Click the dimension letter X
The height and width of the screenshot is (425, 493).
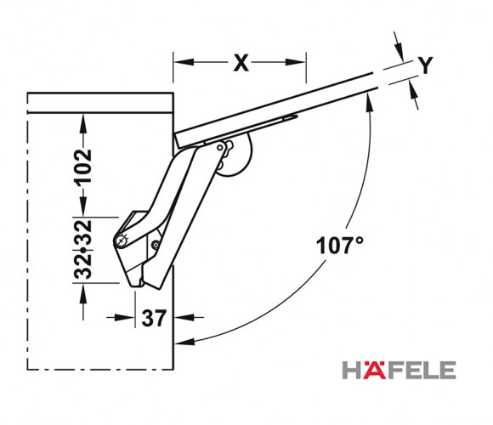[241, 63]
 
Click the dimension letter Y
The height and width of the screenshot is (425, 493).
[425, 65]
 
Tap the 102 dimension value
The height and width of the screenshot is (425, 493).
[82, 166]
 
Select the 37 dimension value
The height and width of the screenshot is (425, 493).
[154, 318]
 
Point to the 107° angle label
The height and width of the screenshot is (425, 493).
[339, 246]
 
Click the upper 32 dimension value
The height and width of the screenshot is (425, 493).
[82, 233]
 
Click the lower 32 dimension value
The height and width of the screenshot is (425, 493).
[82, 266]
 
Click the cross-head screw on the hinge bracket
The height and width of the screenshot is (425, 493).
[121, 241]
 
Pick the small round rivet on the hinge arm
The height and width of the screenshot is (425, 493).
[156, 245]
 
